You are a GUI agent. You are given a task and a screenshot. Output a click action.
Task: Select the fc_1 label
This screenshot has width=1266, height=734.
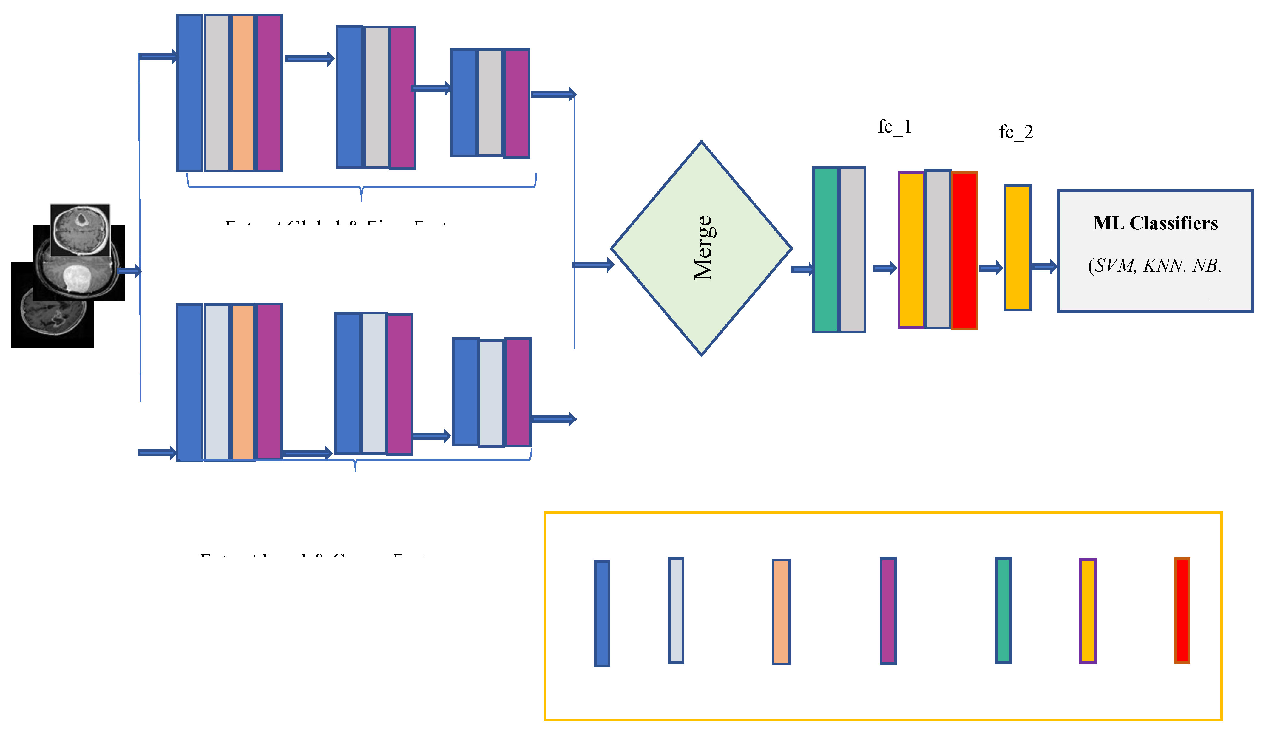(x=895, y=126)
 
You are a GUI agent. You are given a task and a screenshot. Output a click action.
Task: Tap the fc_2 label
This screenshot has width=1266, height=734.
(x=1016, y=132)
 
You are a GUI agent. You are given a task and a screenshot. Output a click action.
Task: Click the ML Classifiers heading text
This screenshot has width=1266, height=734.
(x=1155, y=223)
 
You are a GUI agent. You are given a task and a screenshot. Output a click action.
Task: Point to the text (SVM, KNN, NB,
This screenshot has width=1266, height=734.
(x=1154, y=265)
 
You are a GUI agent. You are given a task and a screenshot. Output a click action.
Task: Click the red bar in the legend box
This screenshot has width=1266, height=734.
(x=1182, y=611)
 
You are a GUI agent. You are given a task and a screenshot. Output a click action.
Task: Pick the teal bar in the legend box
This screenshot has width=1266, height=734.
(x=1003, y=611)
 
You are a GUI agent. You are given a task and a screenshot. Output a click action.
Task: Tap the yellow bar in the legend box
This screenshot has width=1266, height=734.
(x=1088, y=611)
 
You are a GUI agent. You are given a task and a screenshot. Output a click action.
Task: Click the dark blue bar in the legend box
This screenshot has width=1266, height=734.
(x=602, y=614)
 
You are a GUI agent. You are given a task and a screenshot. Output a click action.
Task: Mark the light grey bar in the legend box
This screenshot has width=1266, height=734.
(x=676, y=610)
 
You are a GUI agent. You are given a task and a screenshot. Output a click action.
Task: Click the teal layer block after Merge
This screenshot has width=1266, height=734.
(x=825, y=250)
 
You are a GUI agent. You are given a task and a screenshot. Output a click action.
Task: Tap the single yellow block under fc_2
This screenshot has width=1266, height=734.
(x=1017, y=248)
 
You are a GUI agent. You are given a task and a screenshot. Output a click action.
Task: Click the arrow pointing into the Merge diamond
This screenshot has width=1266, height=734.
(x=593, y=265)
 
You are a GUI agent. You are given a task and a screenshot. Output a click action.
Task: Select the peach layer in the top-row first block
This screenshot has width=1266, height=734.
(x=243, y=93)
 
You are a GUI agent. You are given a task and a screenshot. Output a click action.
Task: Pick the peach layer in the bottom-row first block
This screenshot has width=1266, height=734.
(x=243, y=382)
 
